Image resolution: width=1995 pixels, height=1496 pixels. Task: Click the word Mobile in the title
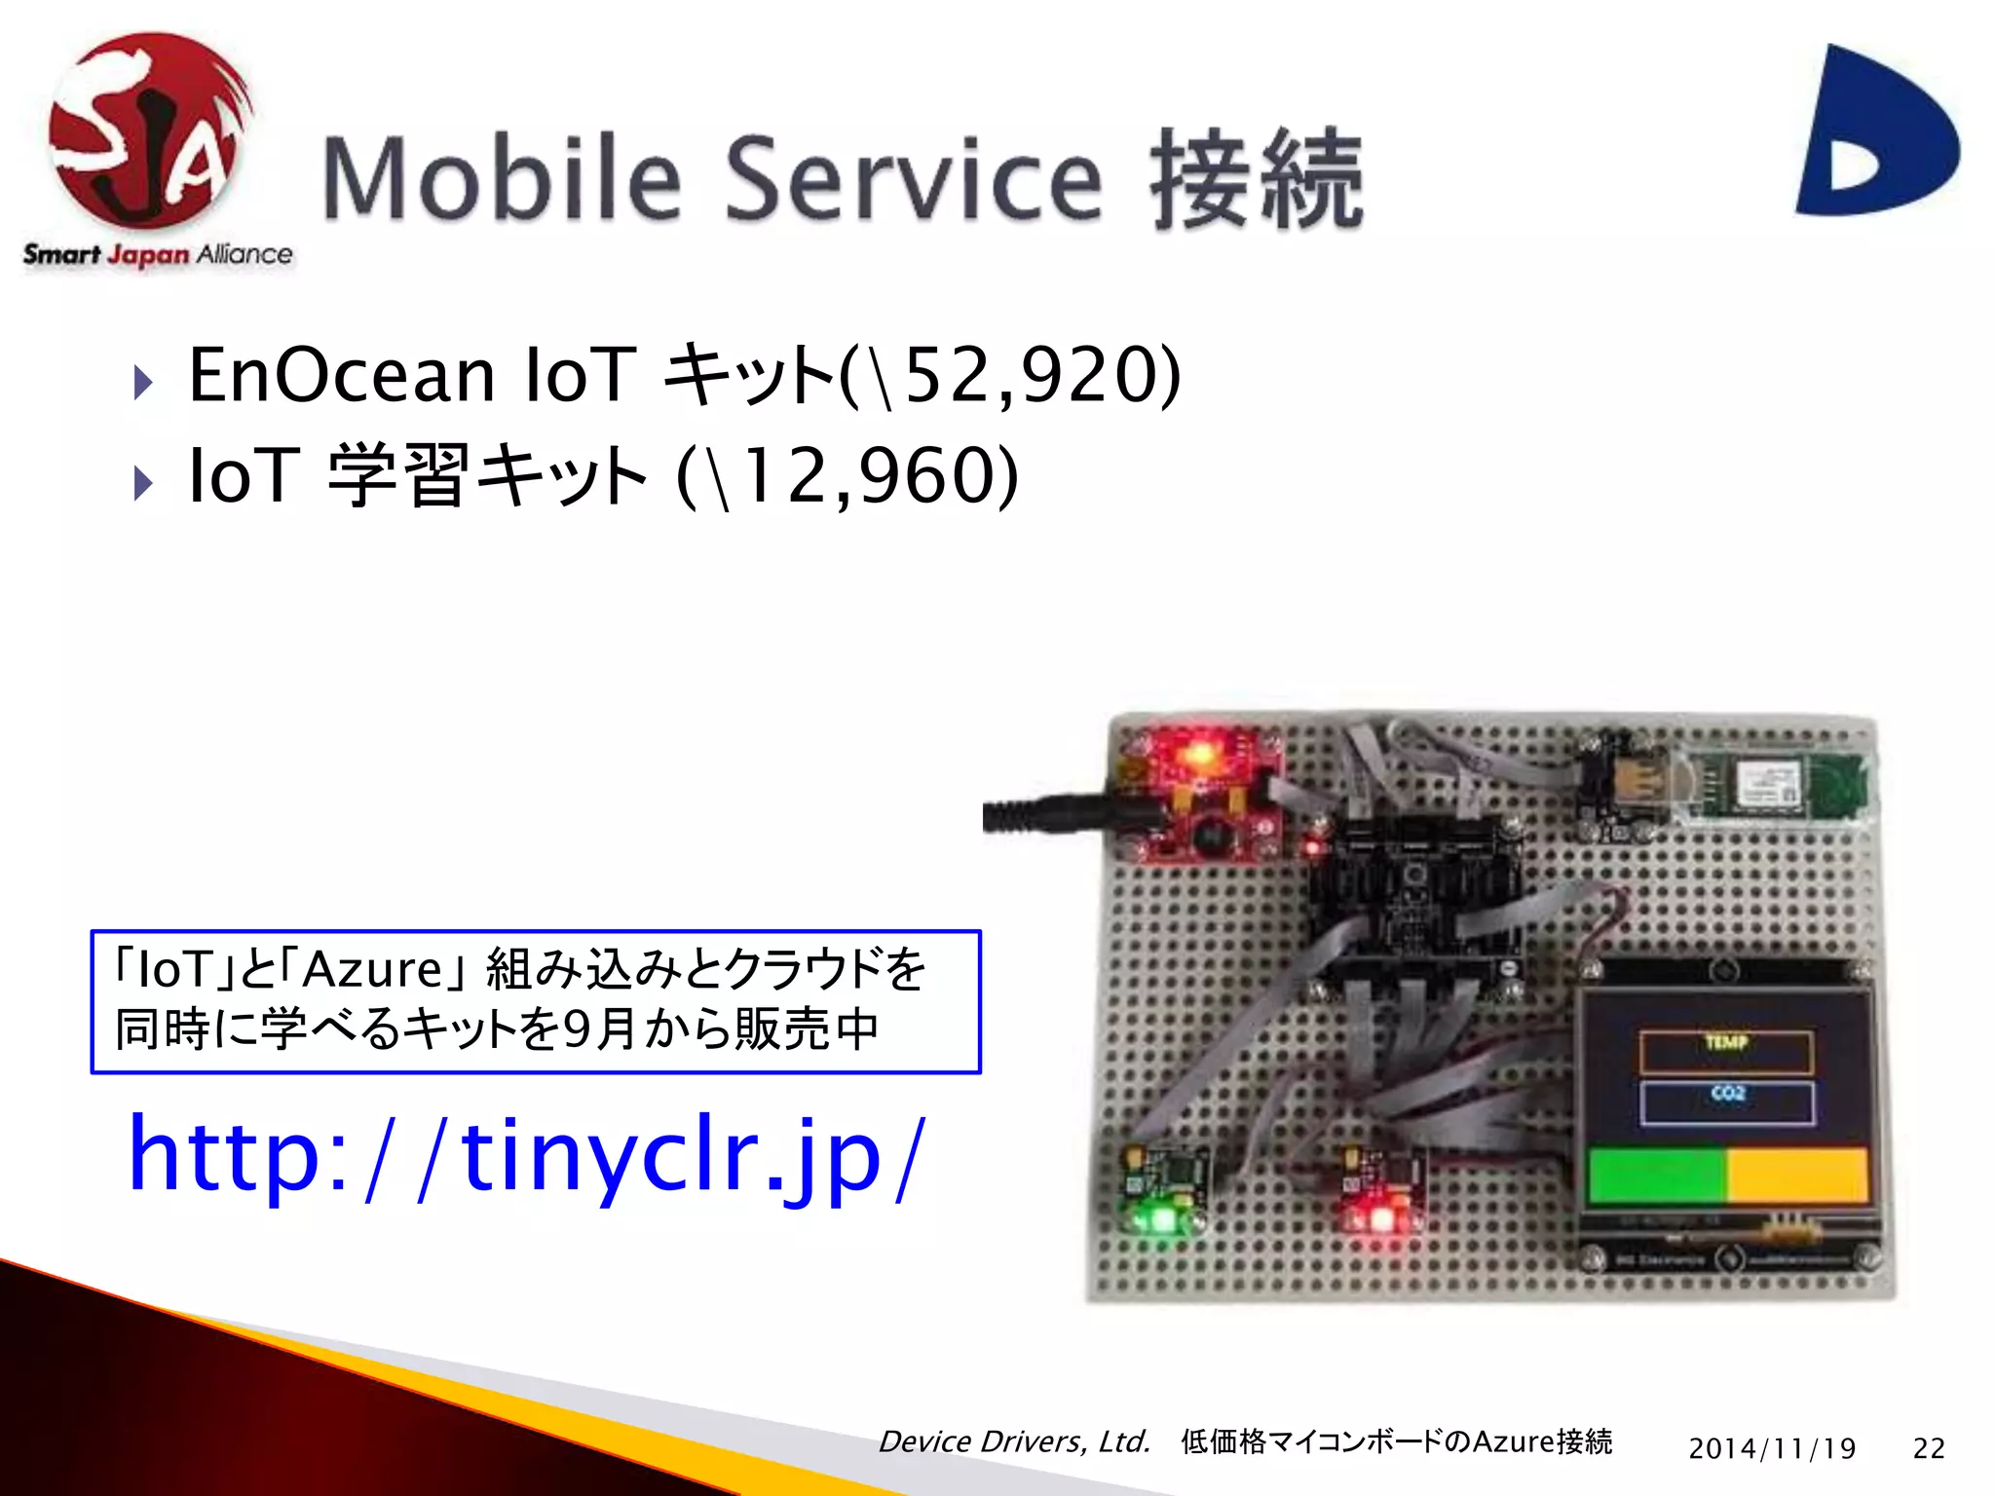point(502,180)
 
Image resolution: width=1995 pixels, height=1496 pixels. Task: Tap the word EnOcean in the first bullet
point(341,375)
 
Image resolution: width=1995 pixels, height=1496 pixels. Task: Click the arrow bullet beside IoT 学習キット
point(143,482)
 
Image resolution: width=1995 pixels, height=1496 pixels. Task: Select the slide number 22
point(1929,1448)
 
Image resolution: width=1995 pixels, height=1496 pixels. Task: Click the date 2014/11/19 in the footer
point(1772,1448)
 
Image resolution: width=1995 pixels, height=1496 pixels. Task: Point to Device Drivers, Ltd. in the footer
point(1014,1442)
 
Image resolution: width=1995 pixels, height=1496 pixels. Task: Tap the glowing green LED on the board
point(1161,1217)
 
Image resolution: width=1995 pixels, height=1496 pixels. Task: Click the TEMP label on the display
point(1726,1043)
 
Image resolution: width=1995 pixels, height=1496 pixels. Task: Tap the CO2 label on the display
point(1727,1094)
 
